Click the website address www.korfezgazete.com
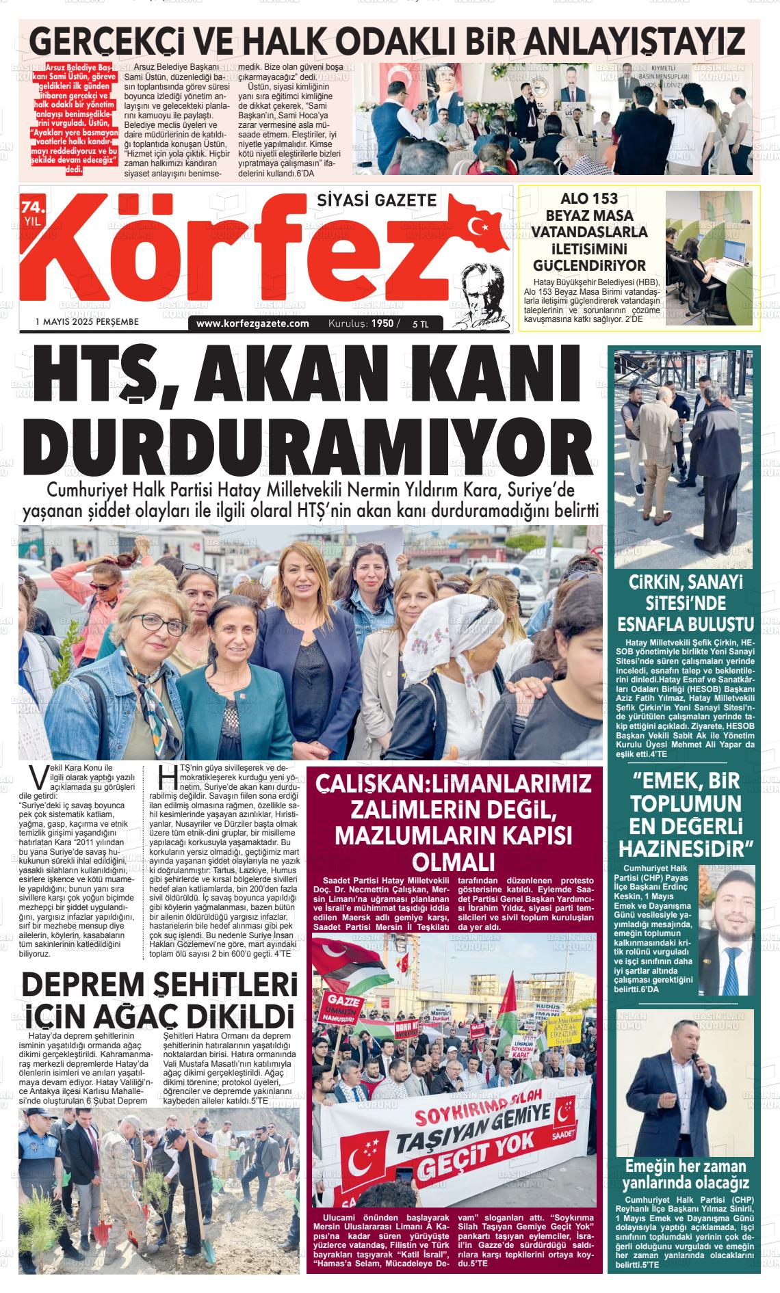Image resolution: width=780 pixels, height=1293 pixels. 252,323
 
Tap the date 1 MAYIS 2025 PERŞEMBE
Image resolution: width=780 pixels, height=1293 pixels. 87,321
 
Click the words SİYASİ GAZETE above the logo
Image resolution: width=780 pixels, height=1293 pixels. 376,200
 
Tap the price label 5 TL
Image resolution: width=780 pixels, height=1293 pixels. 420,324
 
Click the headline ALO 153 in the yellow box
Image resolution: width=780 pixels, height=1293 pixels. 589,199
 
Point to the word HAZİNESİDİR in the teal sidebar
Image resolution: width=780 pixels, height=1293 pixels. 686,849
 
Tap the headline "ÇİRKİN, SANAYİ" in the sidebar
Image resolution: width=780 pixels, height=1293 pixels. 686,583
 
